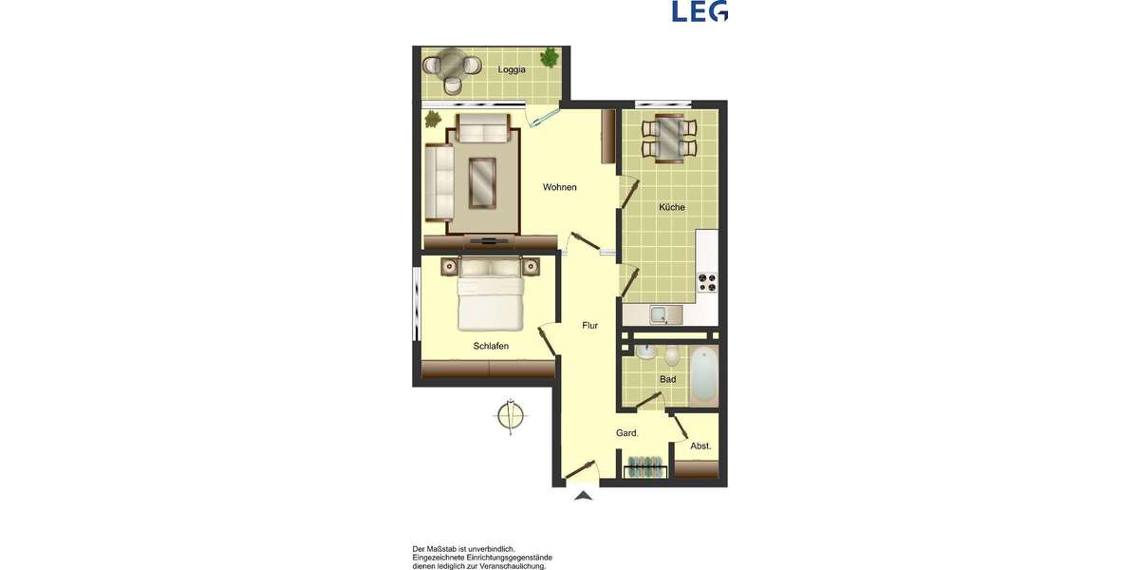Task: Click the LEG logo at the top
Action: pos(700,10)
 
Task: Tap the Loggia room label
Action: pos(512,68)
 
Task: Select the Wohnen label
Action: pos(559,187)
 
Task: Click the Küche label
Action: pos(672,207)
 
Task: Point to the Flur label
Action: pos(589,326)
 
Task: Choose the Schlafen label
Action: pos(491,346)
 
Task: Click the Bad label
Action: pos(667,379)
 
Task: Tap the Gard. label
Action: pos(626,433)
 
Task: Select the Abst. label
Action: pos(700,446)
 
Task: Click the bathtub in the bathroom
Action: pos(702,376)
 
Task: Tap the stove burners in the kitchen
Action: pos(708,281)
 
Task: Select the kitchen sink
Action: pos(659,314)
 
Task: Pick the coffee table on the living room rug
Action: pos(483,182)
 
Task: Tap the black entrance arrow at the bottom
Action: pos(584,494)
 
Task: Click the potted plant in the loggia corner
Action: pos(549,58)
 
